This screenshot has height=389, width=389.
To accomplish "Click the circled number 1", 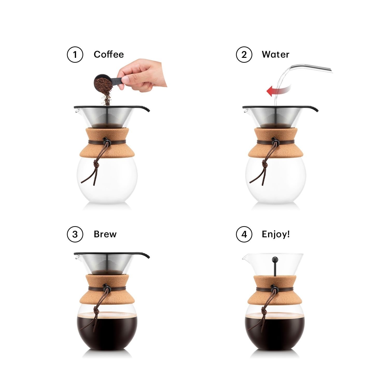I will pos(75,55).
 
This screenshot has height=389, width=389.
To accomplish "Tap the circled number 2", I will pos(244,55).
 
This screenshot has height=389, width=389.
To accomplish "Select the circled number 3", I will pos(75,234).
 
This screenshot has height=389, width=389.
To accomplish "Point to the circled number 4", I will pos(244,234).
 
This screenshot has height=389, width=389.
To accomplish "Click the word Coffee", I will pos(109,54).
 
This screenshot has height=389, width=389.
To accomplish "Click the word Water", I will pos(275,54).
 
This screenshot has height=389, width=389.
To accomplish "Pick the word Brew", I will pos(105,234).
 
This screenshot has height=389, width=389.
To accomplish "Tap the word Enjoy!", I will pos(276,234).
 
